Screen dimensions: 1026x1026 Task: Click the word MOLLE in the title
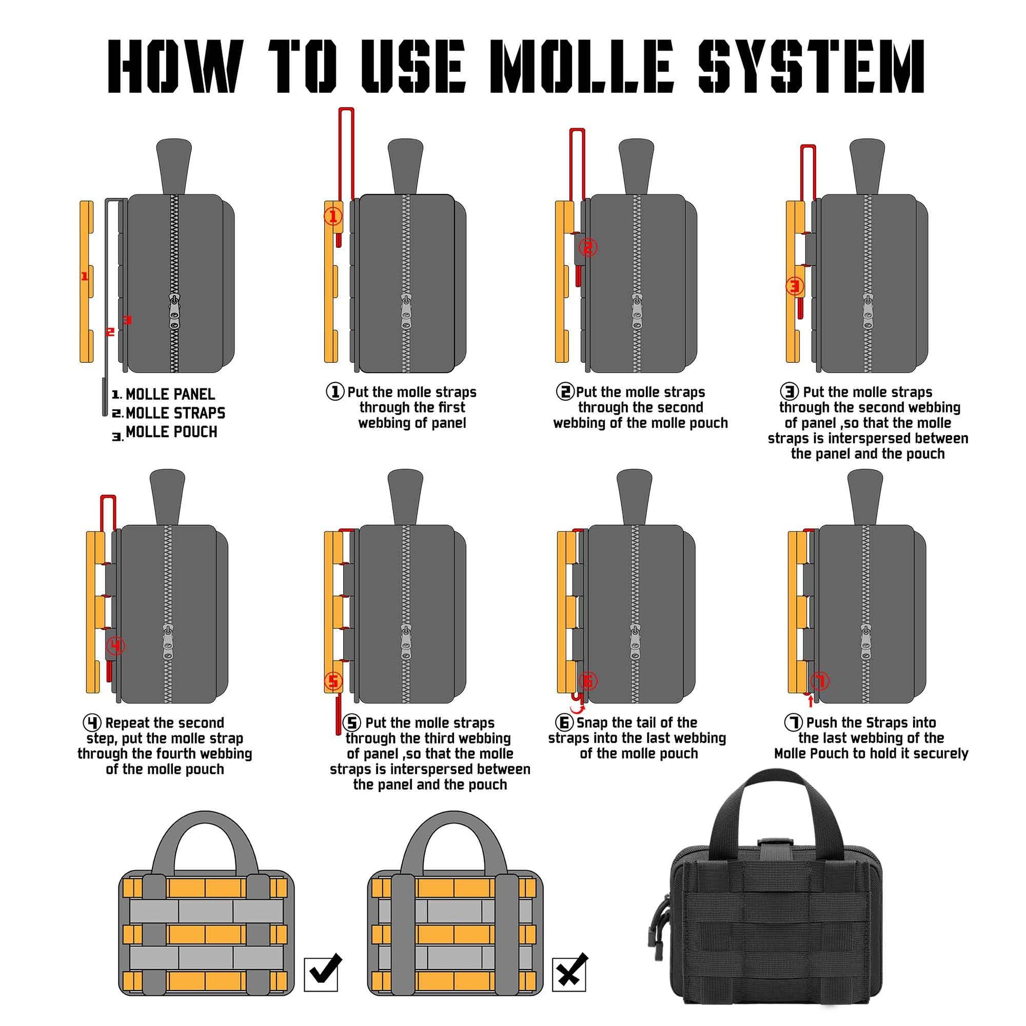pos(582,66)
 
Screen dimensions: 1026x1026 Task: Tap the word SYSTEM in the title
pos(811,66)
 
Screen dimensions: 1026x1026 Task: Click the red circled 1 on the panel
pos(333,216)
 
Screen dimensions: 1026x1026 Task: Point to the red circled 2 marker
pos(588,247)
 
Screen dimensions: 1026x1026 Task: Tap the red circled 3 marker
pos(795,287)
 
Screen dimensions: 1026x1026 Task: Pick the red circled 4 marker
pos(117,646)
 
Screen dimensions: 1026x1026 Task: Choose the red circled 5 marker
pos(333,681)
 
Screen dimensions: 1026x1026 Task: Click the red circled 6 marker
pos(589,680)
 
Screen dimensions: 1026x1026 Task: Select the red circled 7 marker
pos(820,680)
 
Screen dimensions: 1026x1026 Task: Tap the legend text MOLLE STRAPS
pos(175,413)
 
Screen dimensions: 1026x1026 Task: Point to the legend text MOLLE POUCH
pos(171,432)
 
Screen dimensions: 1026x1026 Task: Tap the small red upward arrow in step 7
pos(810,703)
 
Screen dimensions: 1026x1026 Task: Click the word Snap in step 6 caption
pos(592,723)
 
